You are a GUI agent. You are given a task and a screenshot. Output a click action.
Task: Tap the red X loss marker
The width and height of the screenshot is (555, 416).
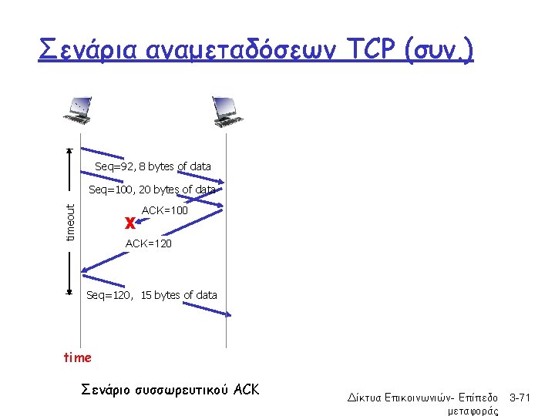click(x=130, y=223)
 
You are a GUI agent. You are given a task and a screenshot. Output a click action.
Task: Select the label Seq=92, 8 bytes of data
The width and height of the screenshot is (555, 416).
click(x=153, y=166)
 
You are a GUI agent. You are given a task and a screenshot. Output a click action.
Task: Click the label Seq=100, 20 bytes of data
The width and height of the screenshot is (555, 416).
click(x=152, y=190)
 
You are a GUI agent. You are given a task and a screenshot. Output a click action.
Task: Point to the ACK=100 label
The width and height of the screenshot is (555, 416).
click(x=165, y=210)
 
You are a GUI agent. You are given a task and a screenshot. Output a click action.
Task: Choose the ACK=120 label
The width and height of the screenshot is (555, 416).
click(x=148, y=244)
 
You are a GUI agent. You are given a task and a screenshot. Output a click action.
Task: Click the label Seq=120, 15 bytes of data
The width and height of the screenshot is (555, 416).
click(x=152, y=295)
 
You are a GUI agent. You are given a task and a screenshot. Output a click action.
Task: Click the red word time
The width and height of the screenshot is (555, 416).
click(x=77, y=357)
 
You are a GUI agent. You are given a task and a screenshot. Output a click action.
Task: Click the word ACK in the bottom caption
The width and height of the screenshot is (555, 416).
click(x=246, y=390)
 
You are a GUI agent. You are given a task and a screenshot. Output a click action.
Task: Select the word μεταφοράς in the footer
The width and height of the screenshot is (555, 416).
click(x=473, y=411)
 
